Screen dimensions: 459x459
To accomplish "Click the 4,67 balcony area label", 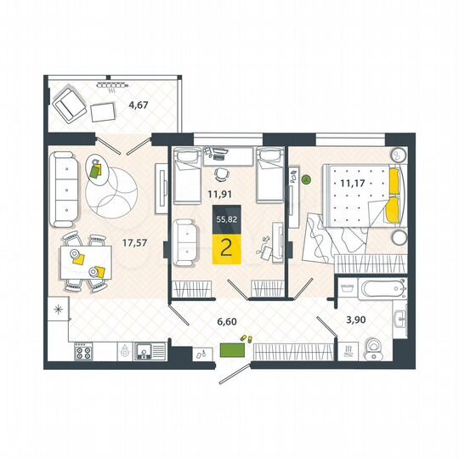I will coord(138,106).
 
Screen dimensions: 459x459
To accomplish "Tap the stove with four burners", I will coord(85,350).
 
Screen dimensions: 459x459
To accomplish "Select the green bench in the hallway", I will coord(231,348).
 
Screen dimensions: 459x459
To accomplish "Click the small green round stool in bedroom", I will coord(306,179).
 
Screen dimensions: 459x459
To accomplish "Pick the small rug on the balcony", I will coord(105,111).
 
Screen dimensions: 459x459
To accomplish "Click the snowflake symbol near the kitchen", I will coord(59,309).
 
